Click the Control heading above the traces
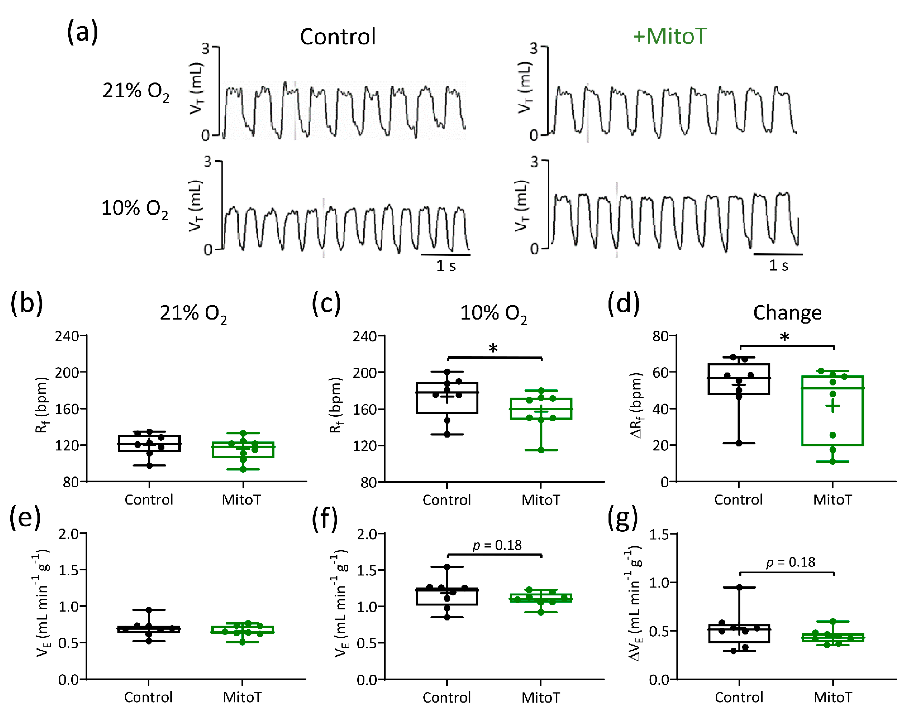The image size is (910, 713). point(338,37)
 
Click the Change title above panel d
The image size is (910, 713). point(787,313)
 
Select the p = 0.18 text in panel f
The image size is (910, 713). point(497,545)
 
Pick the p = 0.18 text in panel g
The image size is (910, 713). point(791,562)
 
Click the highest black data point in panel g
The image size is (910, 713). point(739,587)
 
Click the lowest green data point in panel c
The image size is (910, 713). point(541,450)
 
